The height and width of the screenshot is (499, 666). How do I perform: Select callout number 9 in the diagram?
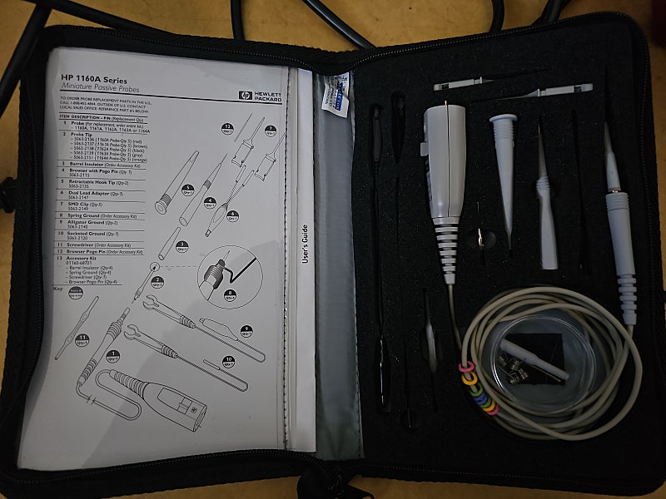[246, 330]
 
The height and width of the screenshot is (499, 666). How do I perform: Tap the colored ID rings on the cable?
[480, 386]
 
